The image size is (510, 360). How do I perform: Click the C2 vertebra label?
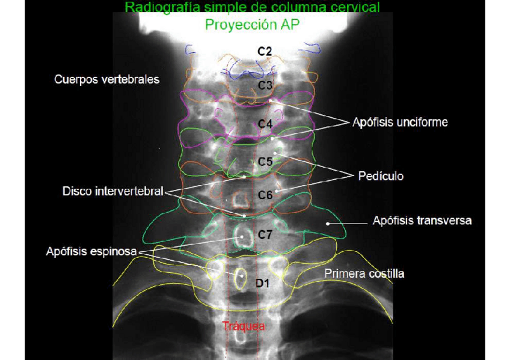point(265,52)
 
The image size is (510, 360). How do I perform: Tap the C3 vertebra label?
point(265,85)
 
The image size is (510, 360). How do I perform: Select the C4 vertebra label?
point(265,124)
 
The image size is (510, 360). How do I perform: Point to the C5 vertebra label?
point(265,162)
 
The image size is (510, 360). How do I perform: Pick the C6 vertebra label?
point(265,195)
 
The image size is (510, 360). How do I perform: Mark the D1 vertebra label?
point(262,282)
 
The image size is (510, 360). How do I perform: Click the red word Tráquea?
point(244,326)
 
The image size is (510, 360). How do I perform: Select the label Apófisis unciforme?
point(400,123)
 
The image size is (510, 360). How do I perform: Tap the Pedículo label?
point(381,176)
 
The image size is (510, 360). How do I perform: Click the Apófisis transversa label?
point(422,221)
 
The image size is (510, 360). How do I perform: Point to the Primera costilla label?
point(364,273)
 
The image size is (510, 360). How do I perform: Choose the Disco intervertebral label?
point(112,192)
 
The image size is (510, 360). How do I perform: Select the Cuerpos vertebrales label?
point(106,79)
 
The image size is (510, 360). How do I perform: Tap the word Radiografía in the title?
point(158,8)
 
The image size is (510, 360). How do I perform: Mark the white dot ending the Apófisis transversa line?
point(328,223)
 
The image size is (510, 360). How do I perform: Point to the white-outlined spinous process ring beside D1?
point(241,277)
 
